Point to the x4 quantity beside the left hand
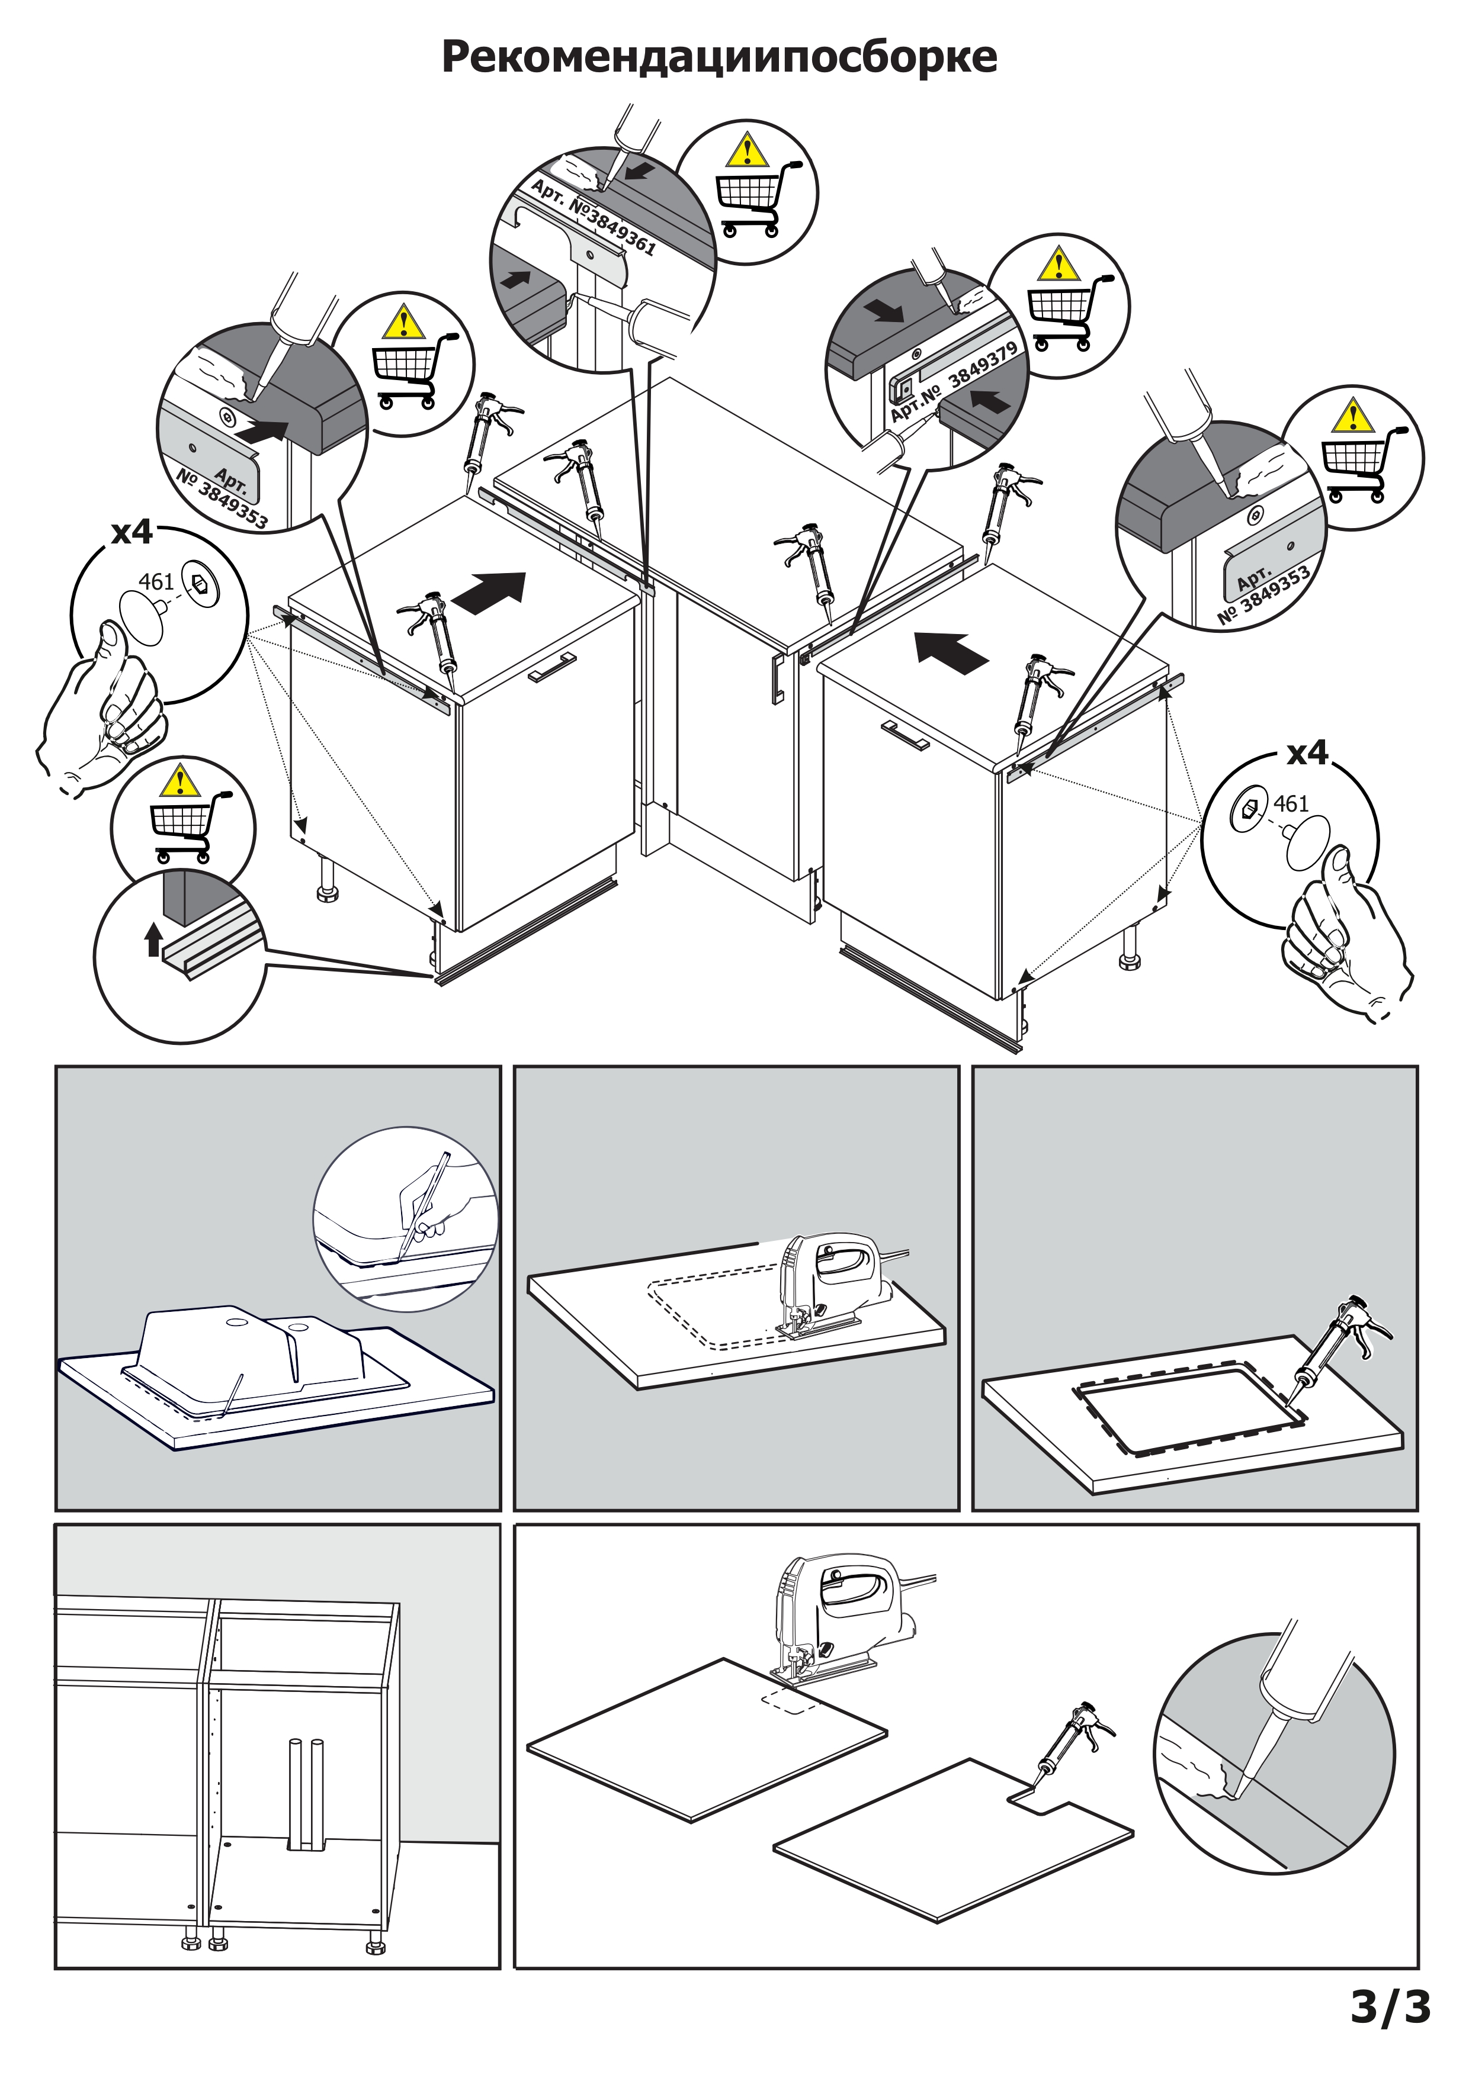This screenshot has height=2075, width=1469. click(132, 533)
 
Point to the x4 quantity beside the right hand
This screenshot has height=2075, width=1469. click(1307, 752)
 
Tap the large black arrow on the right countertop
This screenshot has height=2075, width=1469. click(951, 652)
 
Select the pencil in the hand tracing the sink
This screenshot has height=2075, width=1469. click(425, 1202)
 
